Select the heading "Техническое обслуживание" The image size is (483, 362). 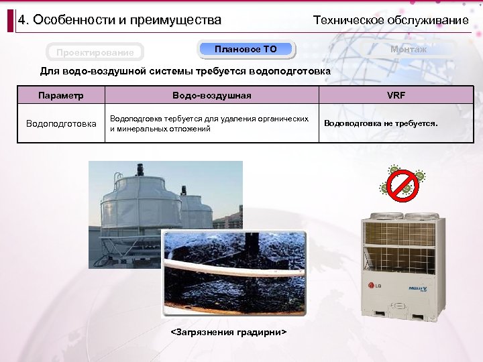click(x=390, y=20)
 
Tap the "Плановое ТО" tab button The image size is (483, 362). click(x=246, y=49)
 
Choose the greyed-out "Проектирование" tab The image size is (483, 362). click(x=95, y=52)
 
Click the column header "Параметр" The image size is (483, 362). click(x=61, y=95)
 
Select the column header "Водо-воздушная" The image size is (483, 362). click(x=211, y=95)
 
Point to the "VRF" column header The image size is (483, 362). click(x=396, y=95)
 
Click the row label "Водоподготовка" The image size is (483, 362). click(x=61, y=123)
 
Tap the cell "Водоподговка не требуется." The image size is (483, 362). click(x=380, y=123)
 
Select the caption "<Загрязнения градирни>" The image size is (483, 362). click(x=229, y=333)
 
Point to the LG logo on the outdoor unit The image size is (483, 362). click(x=372, y=290)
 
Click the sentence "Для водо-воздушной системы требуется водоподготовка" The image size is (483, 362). click(x=185, y=70)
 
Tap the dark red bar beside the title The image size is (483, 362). click(x=11, y=20)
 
